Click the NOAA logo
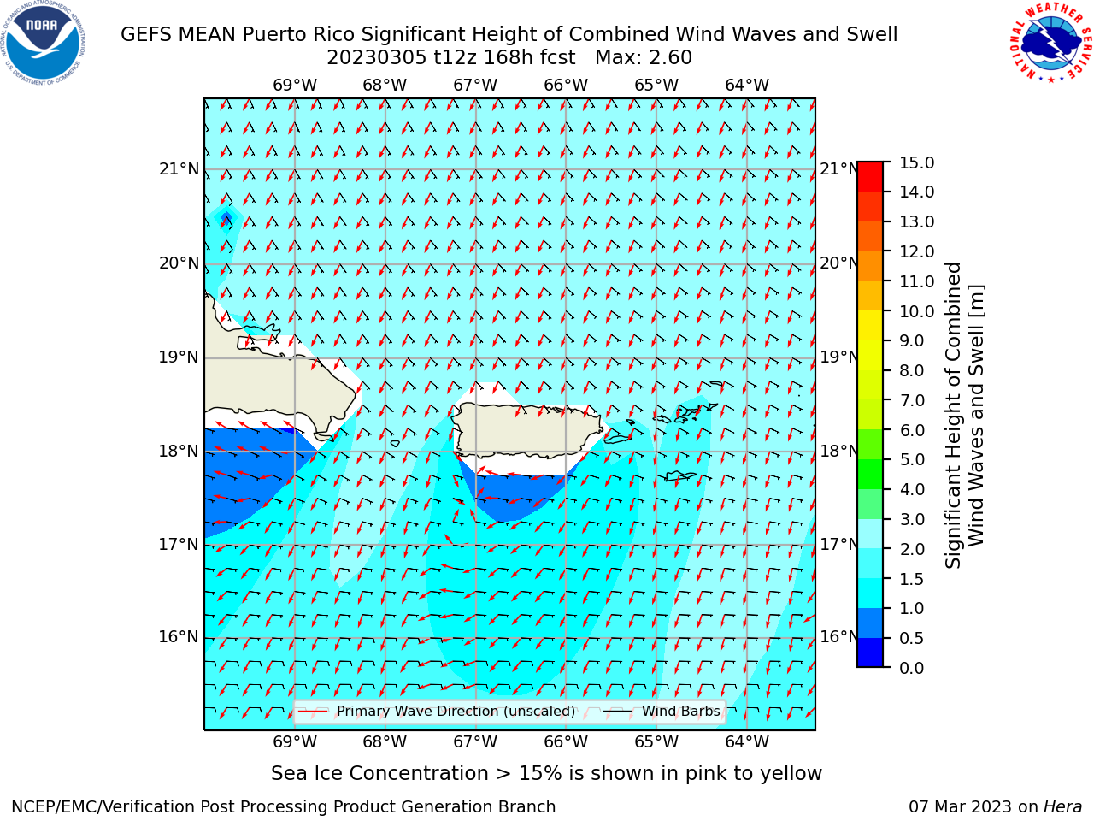[x=44, y=43]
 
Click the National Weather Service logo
[x=1050, y=42]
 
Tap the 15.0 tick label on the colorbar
[x=916, y=162]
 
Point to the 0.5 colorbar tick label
[x=912, y=639]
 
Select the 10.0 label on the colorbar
[x=916, y=311]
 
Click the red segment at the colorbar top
[x=870, y=176]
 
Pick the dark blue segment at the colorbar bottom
[x=870, y=652]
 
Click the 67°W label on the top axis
[x=475, y=86]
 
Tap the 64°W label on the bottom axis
[x=747, y=741]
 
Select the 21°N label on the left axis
[x=179, y=169]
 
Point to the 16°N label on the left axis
[x=179, y=637]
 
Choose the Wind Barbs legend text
[x=681, y=712]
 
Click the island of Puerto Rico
[x=528, y=431]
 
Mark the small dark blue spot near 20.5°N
[x=226, y=217]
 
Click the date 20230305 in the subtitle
[x=377, y=58]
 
